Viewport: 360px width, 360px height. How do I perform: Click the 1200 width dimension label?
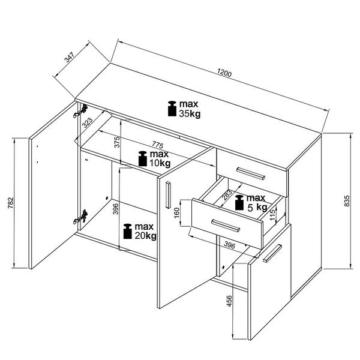coord(224,73)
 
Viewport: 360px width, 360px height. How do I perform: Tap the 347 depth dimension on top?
coord(70,58)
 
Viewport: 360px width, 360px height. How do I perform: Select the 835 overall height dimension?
coord(347,200)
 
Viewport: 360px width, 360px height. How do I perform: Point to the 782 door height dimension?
coord(11,203)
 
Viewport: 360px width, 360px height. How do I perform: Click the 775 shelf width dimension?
coord(157,145)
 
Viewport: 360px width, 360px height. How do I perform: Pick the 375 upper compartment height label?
coord(117,142)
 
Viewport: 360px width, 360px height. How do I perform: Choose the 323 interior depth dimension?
coord(88,122)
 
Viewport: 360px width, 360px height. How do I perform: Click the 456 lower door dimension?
coord(229,301)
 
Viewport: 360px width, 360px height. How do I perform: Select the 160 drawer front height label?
coord(176,213)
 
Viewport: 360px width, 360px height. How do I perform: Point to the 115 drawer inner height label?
coord(272,215)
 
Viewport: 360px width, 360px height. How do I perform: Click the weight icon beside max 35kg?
coord(172,109)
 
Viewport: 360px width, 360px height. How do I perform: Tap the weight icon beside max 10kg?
coord(143,158)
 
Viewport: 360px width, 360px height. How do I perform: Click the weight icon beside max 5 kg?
coord(239,203)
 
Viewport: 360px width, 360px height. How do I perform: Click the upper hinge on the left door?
coord(80,111)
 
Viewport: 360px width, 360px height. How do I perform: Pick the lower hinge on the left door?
coord(80,217)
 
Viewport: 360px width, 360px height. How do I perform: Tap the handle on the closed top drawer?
coord(251,173)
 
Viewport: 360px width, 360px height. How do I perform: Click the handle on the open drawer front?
coord(226,226)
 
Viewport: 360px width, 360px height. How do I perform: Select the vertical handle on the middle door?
coord(168,195)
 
